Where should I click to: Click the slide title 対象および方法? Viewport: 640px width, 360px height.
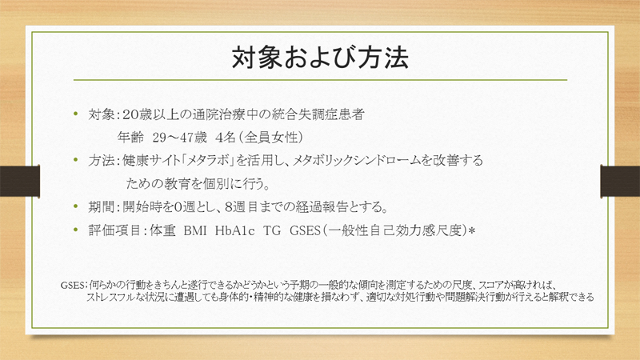click(x=320, y=58)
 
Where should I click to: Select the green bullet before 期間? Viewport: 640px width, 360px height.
click(x=75, y=206)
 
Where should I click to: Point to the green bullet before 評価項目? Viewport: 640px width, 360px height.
click(x=75, y=230)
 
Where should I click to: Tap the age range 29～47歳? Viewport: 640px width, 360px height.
click(x=179, y=138)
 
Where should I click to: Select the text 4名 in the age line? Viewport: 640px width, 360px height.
click(x=226, y=138)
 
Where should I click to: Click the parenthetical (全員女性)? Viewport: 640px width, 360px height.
click(x=271, y=138)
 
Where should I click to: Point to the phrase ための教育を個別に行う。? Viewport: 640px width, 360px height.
click(x=198, y=184)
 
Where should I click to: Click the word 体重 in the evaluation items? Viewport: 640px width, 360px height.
click(x=162, y=230)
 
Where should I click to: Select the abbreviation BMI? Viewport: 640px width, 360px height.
click(x=195, y=231)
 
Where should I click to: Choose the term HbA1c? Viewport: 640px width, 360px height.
click(x=234, y=231)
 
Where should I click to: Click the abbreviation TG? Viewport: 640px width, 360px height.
click(x=272, y=231)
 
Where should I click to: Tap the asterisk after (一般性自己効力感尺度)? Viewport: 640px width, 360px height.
click(x=472, y=231)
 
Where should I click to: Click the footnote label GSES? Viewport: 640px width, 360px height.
click(x=74, y=285)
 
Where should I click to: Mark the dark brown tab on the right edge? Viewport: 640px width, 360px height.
click(x=620, y=181)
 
